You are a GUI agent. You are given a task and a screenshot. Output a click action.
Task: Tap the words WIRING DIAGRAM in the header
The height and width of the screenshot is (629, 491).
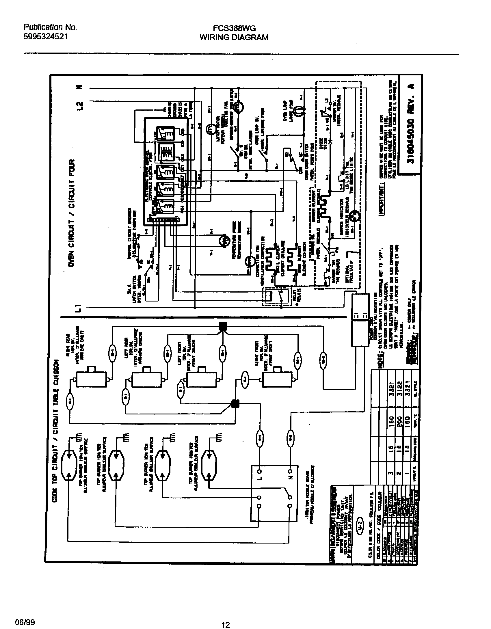tap(234, 37)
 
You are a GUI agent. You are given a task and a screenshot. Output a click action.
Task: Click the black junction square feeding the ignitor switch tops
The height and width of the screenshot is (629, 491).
tap(223, 326)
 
